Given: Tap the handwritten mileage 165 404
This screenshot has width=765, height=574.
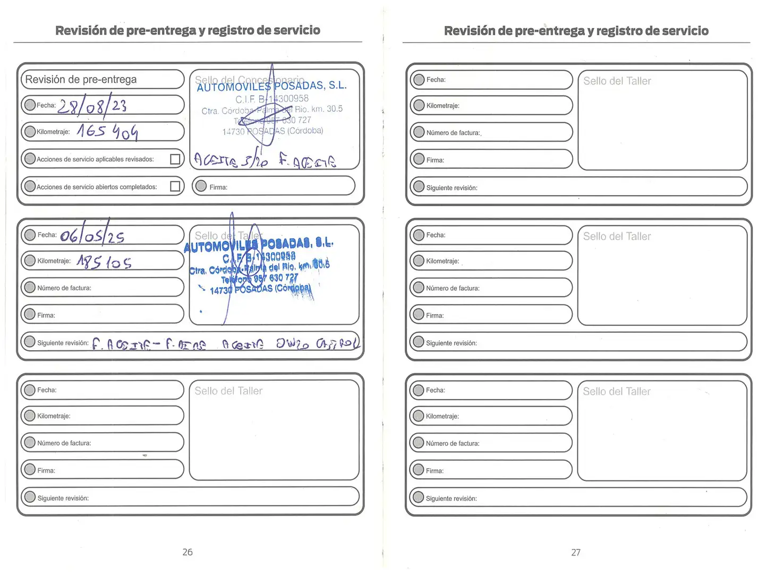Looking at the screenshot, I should [107, 131].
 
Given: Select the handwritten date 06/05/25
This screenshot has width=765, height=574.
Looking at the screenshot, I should [92, 235].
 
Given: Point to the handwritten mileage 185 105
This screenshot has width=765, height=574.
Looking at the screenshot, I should [104, 261].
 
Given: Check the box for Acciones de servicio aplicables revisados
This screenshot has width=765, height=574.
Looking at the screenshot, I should [175, 159].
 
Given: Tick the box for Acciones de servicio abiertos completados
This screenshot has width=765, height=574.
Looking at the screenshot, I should [175, 187].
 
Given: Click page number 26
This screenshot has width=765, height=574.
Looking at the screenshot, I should [188, 552].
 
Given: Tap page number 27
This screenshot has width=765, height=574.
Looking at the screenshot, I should [576, 553].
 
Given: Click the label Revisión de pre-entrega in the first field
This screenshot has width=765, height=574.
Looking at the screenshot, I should [81, 80].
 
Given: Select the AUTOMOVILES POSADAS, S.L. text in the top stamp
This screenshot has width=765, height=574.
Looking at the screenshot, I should [271, 86].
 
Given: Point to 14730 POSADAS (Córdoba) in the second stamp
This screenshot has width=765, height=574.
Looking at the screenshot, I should [260, 290].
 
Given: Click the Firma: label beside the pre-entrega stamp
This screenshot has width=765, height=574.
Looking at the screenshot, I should [218, 187].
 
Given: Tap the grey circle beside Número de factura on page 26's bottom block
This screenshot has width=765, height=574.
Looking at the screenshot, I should [30, 443].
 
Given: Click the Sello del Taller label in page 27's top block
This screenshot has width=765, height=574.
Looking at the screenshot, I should [617, 81].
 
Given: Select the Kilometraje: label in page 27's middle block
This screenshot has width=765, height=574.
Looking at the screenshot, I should [442, 261].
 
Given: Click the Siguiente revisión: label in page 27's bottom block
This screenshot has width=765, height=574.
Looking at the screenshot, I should [451, 499].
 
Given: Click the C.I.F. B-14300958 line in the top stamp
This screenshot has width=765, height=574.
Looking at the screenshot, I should [272, 99].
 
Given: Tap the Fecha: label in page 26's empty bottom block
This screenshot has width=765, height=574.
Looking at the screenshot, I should [47, 390].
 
